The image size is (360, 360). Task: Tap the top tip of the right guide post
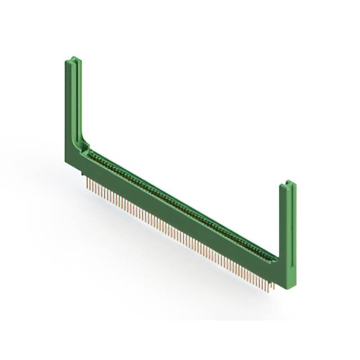287,182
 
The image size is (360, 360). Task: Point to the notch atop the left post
73,59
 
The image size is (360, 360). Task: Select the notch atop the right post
287,184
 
